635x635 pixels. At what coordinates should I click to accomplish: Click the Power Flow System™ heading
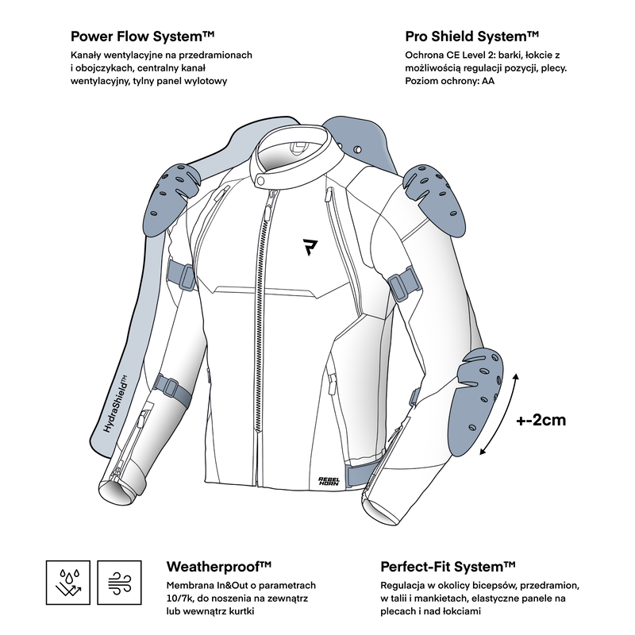tap(142, 37)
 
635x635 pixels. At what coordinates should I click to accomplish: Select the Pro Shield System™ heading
tap(471, 37)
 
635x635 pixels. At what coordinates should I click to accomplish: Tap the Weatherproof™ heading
tap(219, 567)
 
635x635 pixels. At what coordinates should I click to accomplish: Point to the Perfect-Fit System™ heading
tap(448, 567)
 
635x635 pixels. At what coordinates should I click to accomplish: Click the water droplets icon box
tap(68, 583)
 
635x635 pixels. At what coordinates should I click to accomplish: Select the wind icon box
tap(120, 583)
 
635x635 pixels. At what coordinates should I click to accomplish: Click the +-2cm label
tap(541, 420)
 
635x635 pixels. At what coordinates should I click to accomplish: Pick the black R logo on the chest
tap(310, 247)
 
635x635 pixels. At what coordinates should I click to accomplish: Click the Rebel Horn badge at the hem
tap(329, 481)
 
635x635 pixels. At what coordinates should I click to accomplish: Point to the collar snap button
tap(261, 181)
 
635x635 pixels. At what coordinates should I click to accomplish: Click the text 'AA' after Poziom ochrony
tap(488, 81)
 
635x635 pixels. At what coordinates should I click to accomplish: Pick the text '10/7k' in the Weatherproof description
tap(178, 598)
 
